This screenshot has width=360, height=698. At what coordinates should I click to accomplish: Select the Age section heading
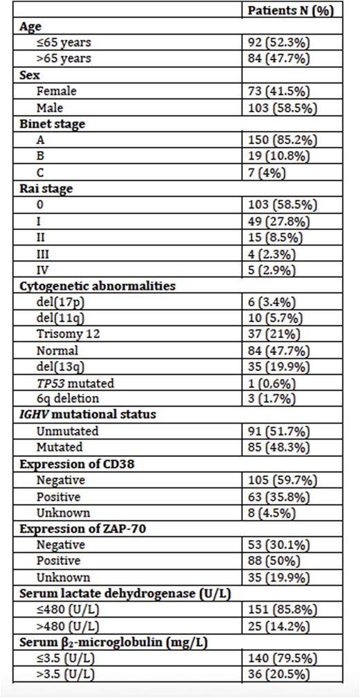[30, 27]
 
